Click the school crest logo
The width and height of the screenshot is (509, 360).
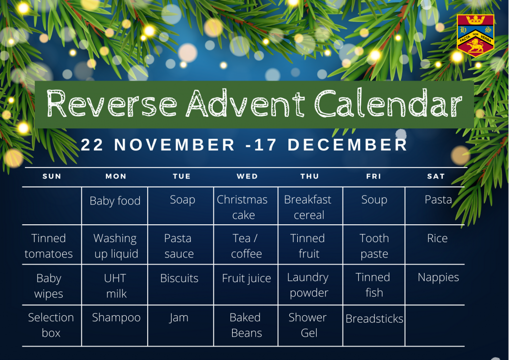tap(476, 36)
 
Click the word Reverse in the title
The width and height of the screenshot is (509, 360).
tap(112, 103)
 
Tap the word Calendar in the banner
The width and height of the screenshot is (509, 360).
tap(388, 103)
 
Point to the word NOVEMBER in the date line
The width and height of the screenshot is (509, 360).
tap(174, 145)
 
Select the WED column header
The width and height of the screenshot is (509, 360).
tap(248, 176)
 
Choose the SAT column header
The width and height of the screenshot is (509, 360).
tap(435, 176)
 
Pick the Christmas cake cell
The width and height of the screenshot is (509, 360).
tap(246, 206)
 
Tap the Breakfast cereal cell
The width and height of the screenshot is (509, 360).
tap(310, 206)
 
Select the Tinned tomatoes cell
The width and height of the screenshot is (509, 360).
tap(52, 245)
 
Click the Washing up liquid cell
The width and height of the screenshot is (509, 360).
tap(115, 245)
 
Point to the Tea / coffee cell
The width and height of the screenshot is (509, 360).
tap(246, 245)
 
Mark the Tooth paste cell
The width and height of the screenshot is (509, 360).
tap(374, 245)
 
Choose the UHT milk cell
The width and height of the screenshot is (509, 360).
tap(115, 285)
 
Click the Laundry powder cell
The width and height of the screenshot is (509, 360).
tap(310, 285)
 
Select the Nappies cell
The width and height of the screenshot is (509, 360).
tap(435, 285)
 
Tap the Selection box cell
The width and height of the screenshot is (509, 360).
tap(52, 326)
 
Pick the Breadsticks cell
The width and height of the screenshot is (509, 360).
tap(374, 326)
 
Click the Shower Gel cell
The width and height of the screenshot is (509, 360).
tap(310, 326)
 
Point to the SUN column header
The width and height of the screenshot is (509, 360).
tap(52, 176)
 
